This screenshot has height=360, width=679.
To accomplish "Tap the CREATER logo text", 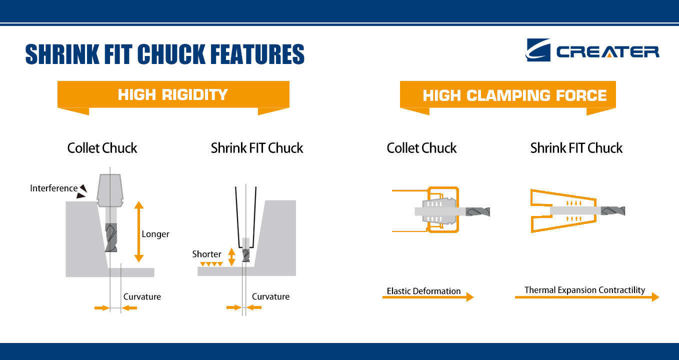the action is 608,52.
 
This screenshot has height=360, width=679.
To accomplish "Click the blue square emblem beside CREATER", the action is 538,50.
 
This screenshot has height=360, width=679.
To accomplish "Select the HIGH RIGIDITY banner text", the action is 173,94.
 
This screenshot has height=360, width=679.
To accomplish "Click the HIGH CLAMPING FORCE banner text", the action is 514,95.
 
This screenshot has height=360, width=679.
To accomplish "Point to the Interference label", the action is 53,188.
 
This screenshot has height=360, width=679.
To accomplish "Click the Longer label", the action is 155,234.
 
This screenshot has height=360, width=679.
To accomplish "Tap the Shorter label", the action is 206,254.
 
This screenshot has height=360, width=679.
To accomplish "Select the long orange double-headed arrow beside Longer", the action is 139,231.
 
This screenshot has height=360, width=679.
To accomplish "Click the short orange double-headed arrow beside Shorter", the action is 231,257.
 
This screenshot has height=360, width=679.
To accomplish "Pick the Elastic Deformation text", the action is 423,291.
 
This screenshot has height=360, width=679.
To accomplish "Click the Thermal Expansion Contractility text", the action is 584,290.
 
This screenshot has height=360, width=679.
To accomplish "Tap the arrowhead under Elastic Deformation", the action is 470,297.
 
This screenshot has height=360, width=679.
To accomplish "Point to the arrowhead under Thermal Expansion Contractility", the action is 655,297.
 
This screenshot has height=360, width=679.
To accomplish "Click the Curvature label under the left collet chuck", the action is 142,296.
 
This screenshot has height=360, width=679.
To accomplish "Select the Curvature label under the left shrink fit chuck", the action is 270,296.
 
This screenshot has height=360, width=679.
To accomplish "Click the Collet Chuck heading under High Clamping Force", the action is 421,148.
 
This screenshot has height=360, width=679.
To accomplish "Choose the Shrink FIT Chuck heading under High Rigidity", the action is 257,148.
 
